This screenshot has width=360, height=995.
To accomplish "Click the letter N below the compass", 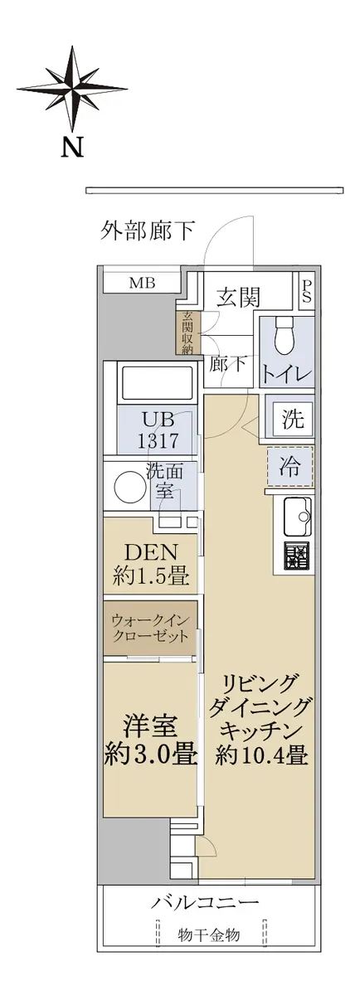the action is [x=72, y=147].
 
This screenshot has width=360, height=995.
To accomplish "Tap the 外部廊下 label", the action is [x=147, y=231].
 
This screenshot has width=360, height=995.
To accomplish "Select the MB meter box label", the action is [x=142, y=283].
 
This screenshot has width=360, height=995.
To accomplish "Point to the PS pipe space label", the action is [x=307, y=291].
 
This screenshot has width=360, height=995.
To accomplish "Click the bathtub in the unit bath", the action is [x=157, y=382].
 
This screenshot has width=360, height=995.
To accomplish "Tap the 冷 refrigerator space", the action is [x=290, y=467].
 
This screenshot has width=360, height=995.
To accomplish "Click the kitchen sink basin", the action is [x=299, y=517].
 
